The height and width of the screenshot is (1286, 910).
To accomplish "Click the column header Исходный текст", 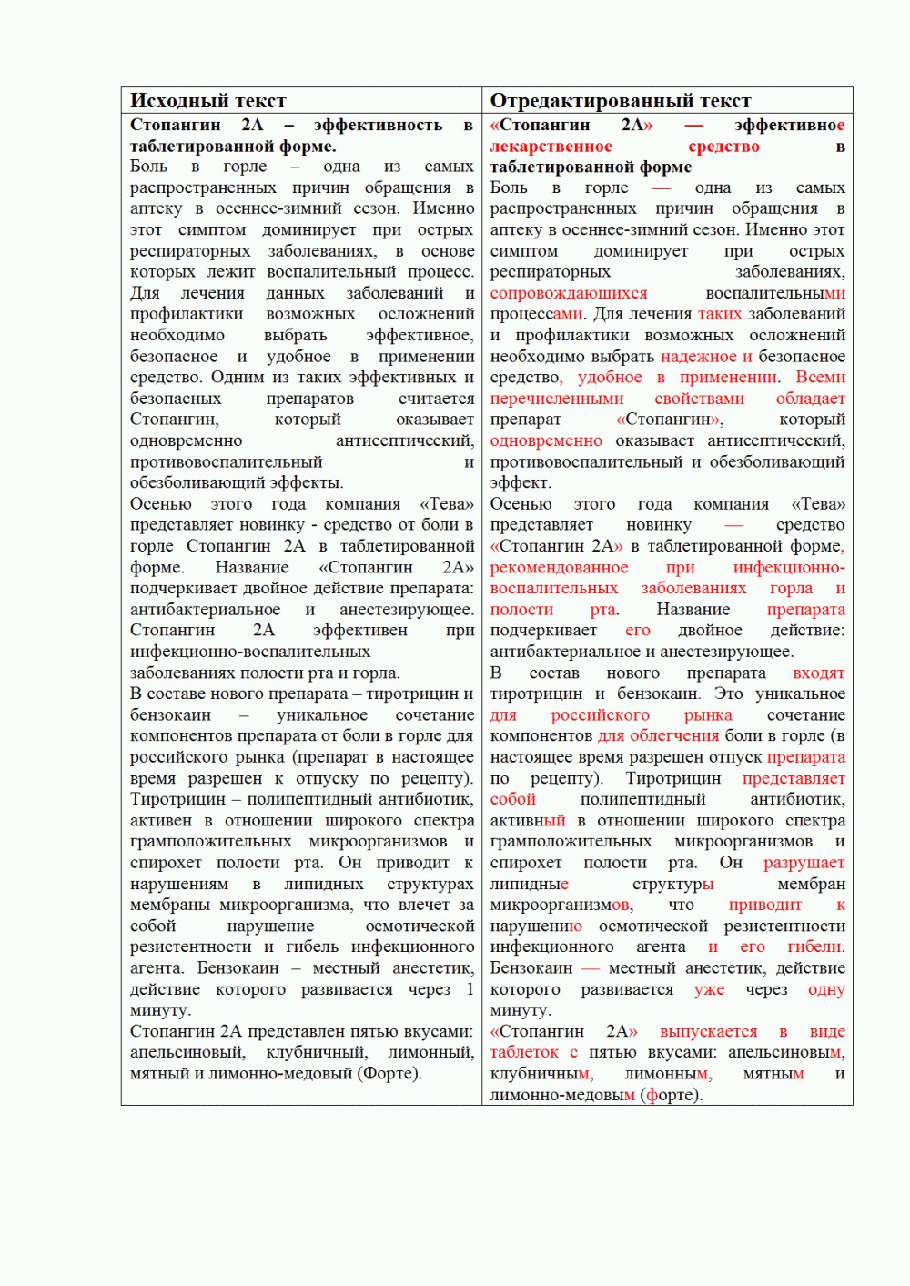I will pyautogui.click(x=207, y=100).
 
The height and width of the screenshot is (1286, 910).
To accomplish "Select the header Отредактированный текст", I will pyautogui.click(x=621, y=100).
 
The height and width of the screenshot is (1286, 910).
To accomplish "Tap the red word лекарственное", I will pyautogui.click(x=551, y=147).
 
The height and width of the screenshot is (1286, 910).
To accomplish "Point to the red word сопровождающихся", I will pyautogui.click(x=569, y=293).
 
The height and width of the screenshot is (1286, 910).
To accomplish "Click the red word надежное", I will pyautogui.click(x=699, y=357).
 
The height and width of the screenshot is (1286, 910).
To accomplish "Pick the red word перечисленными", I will pyautogui.click(x=557, y=399).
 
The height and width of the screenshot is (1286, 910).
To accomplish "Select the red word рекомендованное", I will pyautogui.click(x=559, y=568).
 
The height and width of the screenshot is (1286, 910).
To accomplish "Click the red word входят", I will pyautogui.click(x=818, y=673).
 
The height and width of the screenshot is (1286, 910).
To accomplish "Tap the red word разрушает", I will pyautogui.click(x=804, y=863).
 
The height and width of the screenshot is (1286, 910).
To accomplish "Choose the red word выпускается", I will pyautogui.click(x=708, y=1032).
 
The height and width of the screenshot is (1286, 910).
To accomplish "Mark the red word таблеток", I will pyautogui.click(x=524, y=1053).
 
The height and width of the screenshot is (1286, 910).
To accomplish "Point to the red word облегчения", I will pyautogui.click(x=683, y=736).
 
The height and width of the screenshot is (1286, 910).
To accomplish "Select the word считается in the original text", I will pyautogui.click(x=436, y=399).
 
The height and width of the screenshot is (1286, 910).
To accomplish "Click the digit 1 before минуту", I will pyautogui.click(x=470, y=989).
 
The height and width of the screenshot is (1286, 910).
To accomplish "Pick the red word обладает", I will pyautogui.click(x=810, y=399).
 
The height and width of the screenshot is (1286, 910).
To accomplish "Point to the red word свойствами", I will pyautogui.click(x=699, y=399).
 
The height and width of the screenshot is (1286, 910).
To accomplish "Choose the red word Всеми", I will pyautogui.click(x=820, y=378).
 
